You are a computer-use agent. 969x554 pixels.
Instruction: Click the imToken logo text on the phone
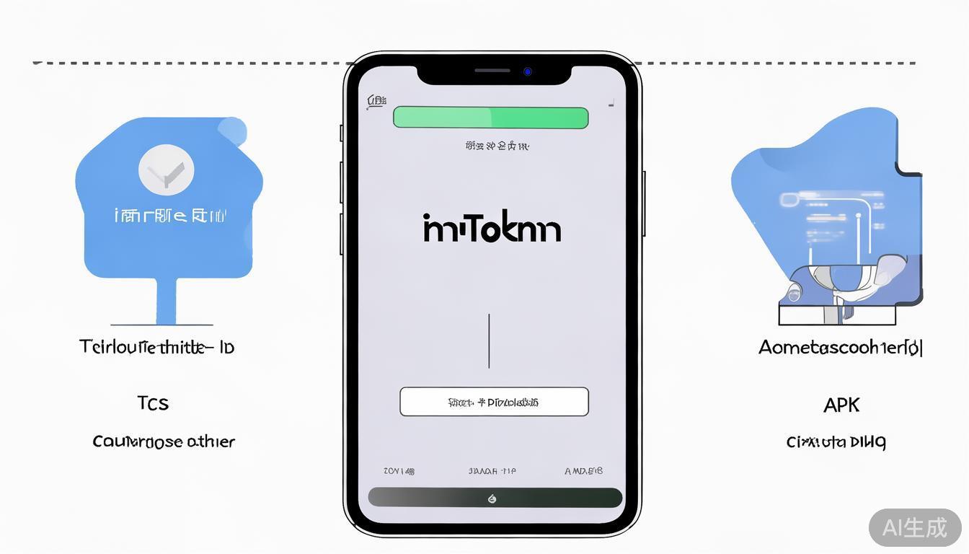[x=492, y=228]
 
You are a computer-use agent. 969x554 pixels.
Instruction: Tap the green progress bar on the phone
[x=490, y=118]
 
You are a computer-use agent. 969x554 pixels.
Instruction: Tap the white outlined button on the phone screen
[x=494, y=402]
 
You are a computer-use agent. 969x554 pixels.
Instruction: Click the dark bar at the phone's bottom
[x=495, y=498]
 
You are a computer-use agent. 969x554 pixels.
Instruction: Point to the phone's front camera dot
[x=528, y=71]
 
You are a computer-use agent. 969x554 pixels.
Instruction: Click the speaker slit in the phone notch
[x=492, y=71]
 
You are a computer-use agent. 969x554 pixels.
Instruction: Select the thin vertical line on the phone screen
[x=489, y=340]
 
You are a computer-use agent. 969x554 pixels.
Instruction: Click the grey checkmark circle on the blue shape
[x=166, y=170]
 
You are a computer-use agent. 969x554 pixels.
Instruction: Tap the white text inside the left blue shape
[x=171, y=215]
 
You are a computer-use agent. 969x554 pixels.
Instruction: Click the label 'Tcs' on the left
[x=153, y=403]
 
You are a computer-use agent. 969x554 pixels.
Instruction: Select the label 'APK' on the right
[x=841, y=405]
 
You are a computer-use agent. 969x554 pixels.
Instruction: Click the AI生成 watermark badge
[x=914, y=527]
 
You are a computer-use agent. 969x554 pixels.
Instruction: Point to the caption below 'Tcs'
[x=164, y=441]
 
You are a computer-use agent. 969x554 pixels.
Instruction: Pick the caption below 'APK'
[x=836, y=441]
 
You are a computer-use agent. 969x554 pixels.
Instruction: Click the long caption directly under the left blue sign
[x=156, y=347]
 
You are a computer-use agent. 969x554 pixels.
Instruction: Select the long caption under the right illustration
[x=841, y=348]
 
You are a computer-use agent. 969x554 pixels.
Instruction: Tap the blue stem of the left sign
[x=166, y=301]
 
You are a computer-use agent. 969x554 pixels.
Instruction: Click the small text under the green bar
[x=497, y=146]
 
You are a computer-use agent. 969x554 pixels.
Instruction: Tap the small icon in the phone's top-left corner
[x=376, y=102]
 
